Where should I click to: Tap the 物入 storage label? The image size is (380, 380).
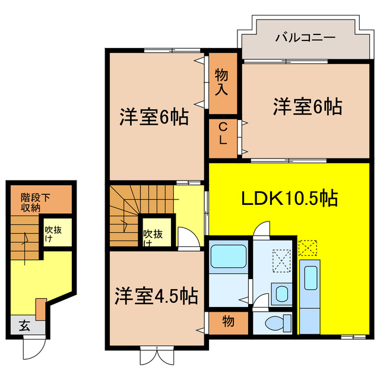click(x=221, y=83)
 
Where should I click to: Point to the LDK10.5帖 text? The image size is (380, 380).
click(x=289, y=198)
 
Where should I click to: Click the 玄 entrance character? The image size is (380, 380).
click(x=24, y=325)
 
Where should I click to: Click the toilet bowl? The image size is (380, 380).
click(x=274, y=323)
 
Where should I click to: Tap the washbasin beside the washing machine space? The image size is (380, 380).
click(x=282, y=292)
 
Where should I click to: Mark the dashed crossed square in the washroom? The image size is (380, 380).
click(x=280, y=259)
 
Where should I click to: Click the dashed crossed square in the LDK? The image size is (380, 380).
click(x=309, y=246)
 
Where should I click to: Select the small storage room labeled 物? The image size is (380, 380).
click(x=227, y=322)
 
